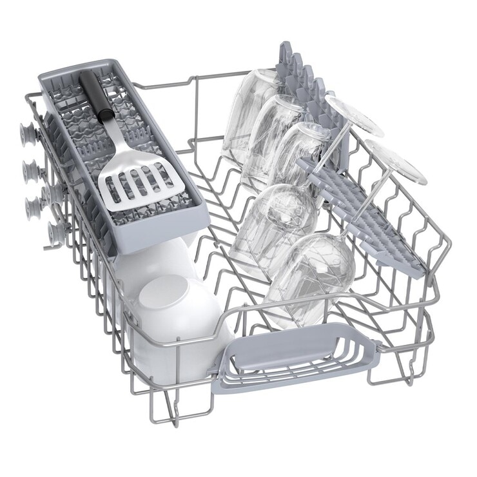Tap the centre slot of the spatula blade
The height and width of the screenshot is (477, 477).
point(138,183)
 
